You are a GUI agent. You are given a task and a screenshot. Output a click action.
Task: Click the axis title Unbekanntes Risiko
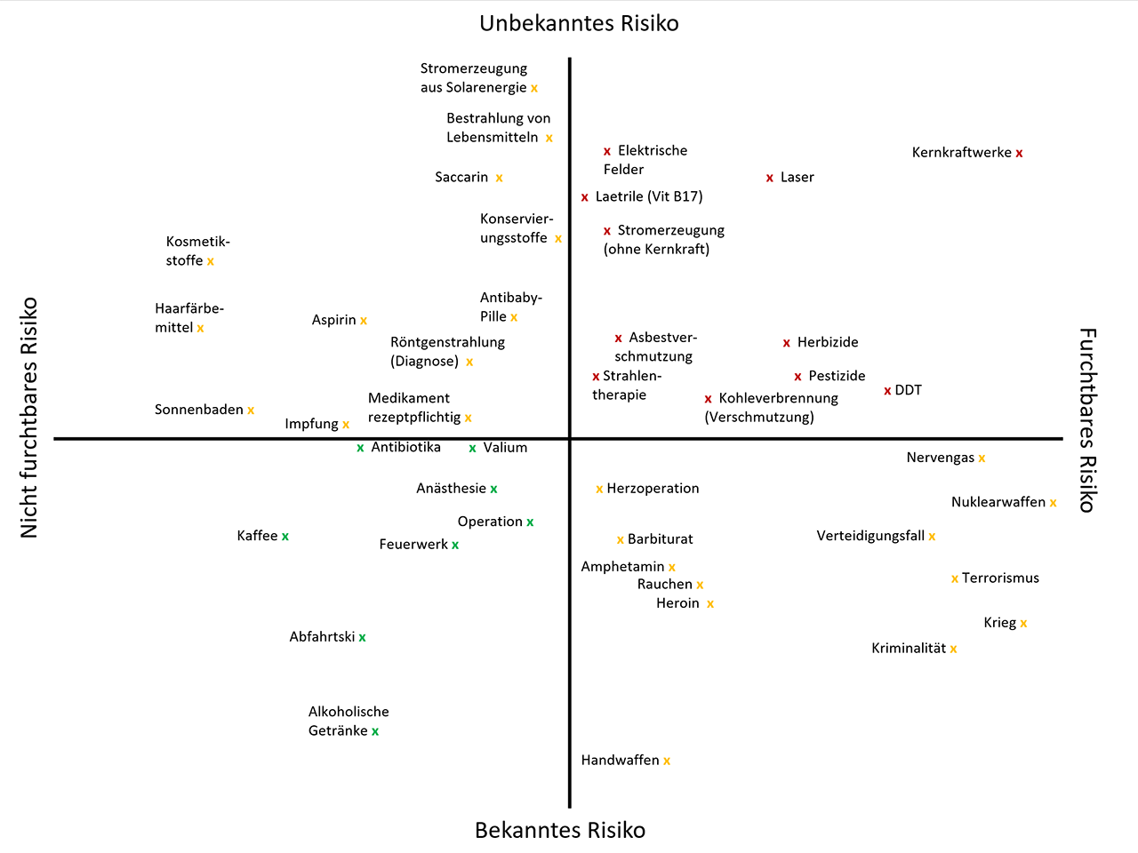coord(579,23)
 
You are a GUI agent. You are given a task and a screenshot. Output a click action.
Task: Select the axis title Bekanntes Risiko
coord(560,830)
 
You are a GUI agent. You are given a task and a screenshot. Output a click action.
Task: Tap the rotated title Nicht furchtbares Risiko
coord(29,418)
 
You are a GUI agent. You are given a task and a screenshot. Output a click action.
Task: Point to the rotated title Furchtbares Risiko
coord(1087,419)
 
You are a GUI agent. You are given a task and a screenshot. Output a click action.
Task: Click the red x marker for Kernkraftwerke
coord(1019,154)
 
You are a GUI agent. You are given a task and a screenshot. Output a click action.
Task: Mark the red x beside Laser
coord(769,179)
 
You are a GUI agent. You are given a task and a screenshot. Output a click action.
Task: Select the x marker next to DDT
coord(887,391)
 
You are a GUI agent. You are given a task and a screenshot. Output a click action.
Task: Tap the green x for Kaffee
coord(285,537)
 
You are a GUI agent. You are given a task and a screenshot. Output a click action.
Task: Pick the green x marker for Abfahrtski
coord(362,638)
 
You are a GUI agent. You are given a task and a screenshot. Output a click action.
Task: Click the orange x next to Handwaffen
coord(667,761)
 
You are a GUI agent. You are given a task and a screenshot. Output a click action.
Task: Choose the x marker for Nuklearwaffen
coord(1053,504)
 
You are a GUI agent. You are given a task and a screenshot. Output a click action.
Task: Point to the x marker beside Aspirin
coord(364,321)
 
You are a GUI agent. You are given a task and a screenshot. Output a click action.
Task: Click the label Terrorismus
coord(1000,578)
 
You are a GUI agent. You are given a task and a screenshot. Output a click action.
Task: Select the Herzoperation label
coord(653,489)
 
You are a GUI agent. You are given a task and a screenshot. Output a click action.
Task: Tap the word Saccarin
coord(461,178)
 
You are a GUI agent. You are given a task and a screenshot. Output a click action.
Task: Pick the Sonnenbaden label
coord(199,410)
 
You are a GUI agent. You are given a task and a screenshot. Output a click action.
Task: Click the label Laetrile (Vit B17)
coord(649,197)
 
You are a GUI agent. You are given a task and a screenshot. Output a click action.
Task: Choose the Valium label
coord(505,448)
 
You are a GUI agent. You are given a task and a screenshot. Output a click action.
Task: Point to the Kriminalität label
coord(909,649)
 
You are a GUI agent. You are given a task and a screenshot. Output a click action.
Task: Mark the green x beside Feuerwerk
coord(455,546)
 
